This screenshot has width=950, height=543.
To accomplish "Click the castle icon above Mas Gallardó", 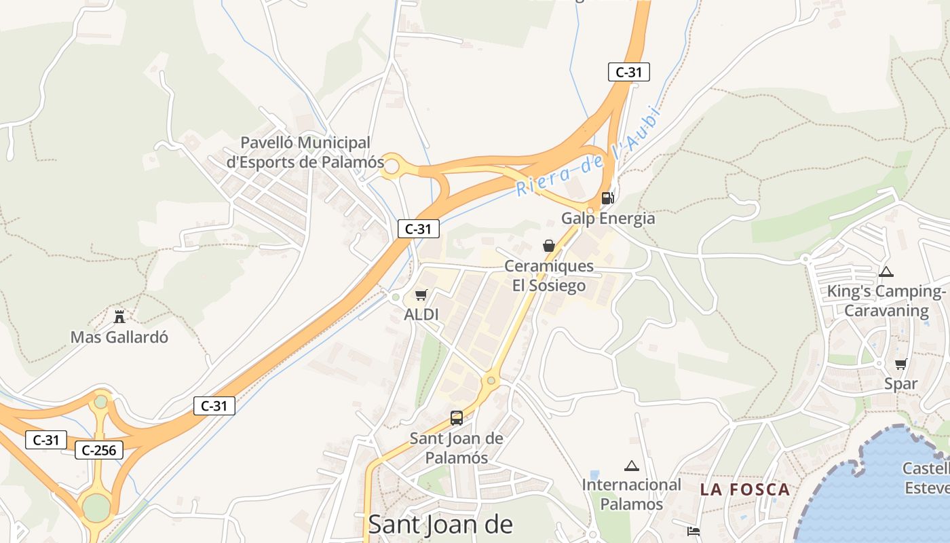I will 119,316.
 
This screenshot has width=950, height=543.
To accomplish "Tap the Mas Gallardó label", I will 119,337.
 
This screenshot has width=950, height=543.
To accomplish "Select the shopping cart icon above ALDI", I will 421,295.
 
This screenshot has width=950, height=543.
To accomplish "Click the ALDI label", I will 421,315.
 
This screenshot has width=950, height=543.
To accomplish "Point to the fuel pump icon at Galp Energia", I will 607,198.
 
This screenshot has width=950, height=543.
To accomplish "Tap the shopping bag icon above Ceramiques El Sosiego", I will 548,246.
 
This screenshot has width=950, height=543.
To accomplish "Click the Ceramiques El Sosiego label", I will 548,276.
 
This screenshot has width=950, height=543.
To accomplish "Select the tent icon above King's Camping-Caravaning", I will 886,272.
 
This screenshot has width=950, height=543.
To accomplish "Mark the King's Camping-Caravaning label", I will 886,301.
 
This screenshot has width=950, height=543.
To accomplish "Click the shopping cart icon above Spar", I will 900,364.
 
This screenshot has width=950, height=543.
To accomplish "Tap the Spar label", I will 900,384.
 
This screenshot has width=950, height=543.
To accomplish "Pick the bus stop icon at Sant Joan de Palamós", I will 457,418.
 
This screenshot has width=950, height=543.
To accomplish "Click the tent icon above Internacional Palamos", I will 632,466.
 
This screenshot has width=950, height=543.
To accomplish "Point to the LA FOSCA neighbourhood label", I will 745,489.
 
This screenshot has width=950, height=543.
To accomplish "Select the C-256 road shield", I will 99,450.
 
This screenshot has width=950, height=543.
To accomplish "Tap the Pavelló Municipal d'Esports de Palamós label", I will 305,153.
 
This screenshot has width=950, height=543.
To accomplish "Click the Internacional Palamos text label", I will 631,494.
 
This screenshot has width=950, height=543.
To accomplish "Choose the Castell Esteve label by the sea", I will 927,478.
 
